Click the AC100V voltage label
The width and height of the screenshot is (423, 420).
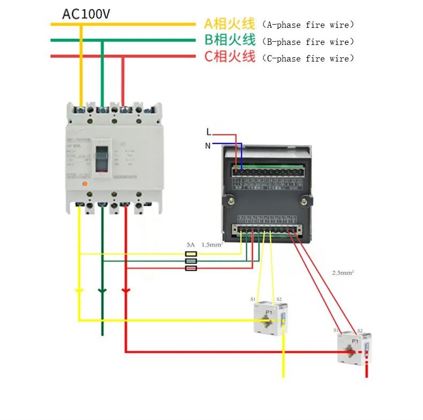[86, 14]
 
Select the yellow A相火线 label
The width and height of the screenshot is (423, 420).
[229, 24]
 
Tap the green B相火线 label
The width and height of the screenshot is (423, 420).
[229, 40]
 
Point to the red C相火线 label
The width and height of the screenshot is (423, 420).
[229, 56]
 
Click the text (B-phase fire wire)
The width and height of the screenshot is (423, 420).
[308, 41]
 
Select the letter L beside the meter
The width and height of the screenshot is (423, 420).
[209, 132]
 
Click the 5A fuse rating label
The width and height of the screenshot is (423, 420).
[191, 245]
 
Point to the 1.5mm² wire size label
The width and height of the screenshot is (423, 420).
[211, 245]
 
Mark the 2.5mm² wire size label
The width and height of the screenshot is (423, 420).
[343, 272]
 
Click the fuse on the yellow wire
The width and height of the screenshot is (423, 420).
[191, 254]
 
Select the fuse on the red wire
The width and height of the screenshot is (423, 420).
[191, 268]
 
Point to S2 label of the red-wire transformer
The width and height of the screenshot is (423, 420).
[360, 330]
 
